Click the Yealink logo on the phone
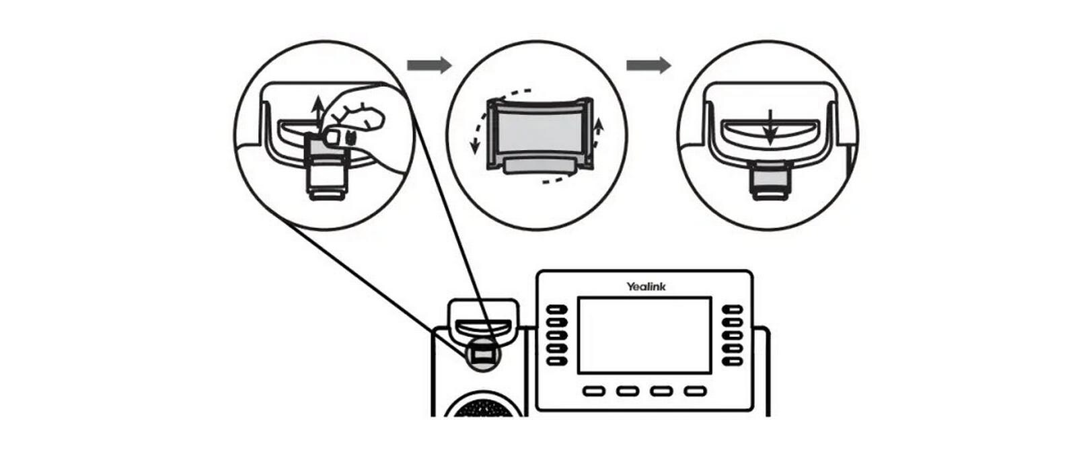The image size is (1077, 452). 646,287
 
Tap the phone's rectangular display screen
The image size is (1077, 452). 644,335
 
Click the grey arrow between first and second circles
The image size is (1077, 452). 429,65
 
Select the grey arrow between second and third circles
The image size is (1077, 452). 648,65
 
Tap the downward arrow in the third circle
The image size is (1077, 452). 771,128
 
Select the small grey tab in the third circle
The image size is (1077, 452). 769,178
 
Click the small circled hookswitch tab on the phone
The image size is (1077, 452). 482,354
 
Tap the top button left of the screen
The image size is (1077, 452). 557,310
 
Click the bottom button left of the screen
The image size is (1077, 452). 557,361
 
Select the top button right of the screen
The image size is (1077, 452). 732,310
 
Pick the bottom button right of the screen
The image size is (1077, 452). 732,361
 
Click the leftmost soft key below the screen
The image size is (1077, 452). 593,391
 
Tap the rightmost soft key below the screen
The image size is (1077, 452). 695,391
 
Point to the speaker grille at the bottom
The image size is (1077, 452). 482,406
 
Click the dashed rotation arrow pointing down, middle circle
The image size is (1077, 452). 478,135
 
